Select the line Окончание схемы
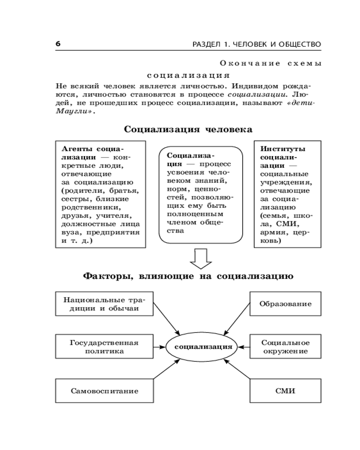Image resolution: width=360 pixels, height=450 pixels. click(271, 64)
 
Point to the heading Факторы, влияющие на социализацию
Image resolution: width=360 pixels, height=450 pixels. click(188, 276)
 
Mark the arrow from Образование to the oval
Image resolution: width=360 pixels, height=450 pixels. click(237, 318)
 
